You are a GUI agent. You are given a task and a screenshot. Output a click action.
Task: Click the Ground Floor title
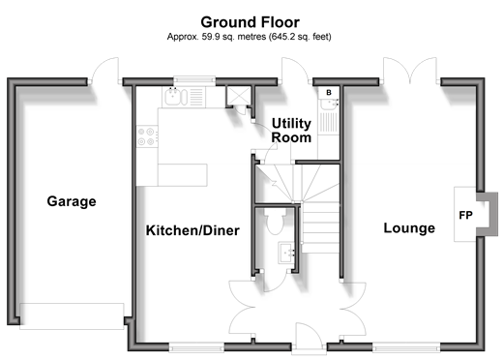tap(250, 22)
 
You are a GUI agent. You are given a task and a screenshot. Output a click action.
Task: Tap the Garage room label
tap(72, 201)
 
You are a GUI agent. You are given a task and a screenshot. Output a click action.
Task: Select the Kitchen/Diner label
tap(192, 230)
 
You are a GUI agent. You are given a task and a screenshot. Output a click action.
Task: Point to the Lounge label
tap(409, 228)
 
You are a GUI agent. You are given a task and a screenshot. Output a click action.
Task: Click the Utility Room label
tap(291, 131)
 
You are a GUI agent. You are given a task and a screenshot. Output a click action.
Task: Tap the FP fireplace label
tap(465, 215)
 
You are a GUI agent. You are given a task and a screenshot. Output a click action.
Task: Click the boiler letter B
tap(329, 93)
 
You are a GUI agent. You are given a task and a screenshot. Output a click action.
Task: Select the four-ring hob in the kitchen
tap(147, 136)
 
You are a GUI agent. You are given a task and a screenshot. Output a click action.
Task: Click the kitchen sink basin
tap(173, 97)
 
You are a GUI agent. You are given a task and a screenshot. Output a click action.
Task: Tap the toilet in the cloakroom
tap(275, 221)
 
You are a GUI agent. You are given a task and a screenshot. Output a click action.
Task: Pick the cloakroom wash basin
tap(286, 254)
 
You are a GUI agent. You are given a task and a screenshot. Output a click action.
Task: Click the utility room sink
tap(329, 104)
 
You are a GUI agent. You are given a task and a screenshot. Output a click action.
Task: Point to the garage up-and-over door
tap(72, 316)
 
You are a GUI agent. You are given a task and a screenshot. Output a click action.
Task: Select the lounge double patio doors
tap(410, 70)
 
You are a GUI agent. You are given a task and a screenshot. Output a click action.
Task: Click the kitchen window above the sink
tap(194, 80)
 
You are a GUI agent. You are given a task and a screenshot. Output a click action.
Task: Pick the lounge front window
tap(406, 347)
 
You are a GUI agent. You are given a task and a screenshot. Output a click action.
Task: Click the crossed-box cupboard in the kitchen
tap(239, 95)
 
